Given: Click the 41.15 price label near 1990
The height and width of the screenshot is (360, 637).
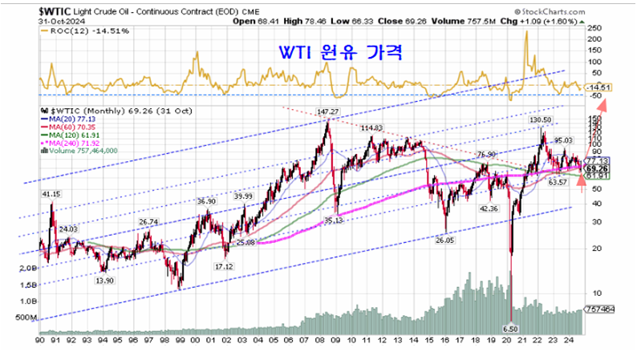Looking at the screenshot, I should [x=51, y=193].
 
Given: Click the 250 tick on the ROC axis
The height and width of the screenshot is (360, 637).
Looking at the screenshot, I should [x=594, y=26].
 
